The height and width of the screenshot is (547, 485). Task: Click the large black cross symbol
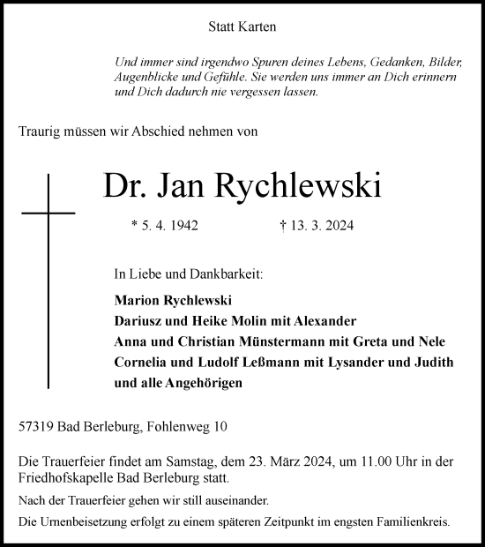(x=48, y=214)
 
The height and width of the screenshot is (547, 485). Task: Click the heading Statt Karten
(x=242, y=26)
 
